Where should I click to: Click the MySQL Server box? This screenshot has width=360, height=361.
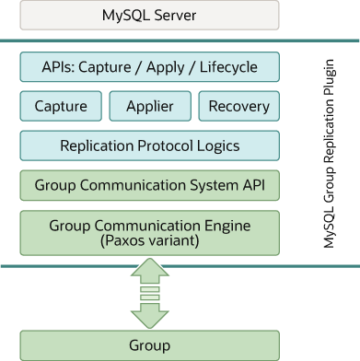[149, 15]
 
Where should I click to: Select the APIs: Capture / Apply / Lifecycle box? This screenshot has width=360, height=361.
[149, 67]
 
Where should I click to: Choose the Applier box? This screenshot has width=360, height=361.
[149, 106]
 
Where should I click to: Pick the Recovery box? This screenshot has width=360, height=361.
[238, 106]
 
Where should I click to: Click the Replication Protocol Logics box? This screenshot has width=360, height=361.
[149, 146]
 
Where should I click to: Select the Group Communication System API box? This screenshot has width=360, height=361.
[149, 185]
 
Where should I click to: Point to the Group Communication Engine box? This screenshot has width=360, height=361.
[149, 231]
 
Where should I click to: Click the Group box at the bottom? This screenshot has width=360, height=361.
[149, 345]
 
